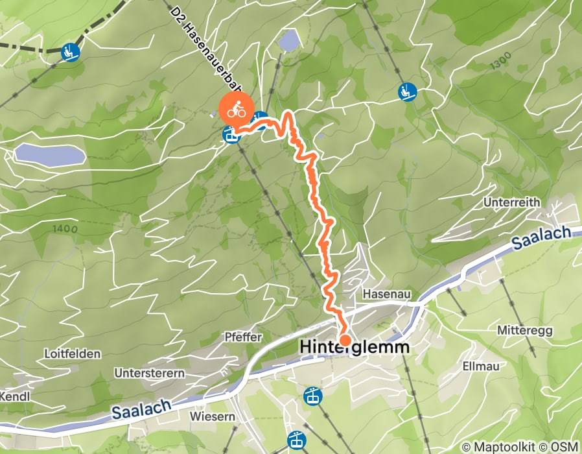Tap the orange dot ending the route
pos(345,340)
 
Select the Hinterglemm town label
pos(355,348)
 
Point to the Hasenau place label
pos(388,294)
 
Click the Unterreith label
pos(511,202)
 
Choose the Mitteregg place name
pos(525,331)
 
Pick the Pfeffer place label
pos(242,337)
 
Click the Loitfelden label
pos(72,354)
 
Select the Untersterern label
pos(149,373)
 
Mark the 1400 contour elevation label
pos(65,228)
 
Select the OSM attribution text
pos(565,447)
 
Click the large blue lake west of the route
pos(50,155)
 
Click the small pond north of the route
pos(289,42)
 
